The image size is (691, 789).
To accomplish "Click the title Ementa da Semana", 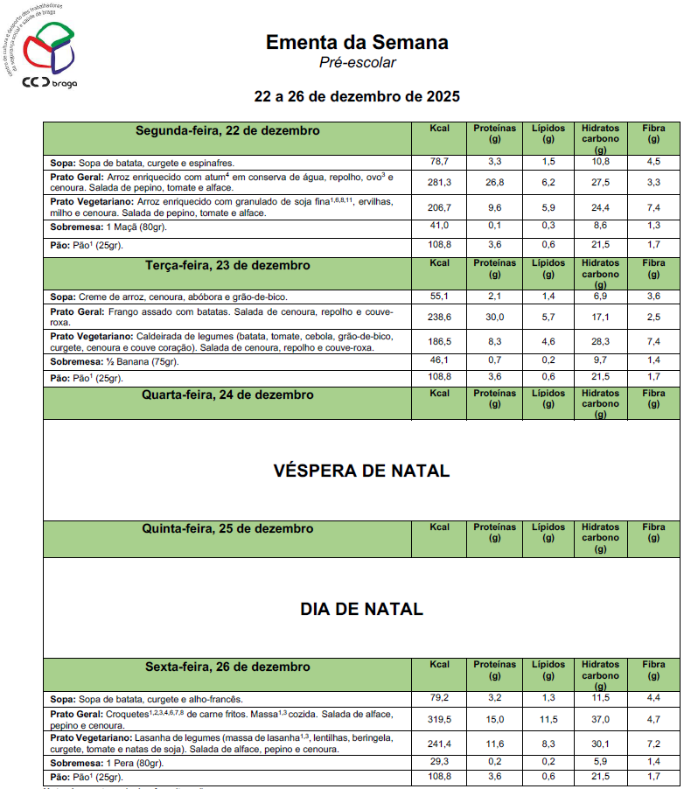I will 357,42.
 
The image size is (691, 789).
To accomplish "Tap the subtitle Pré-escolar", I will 357,62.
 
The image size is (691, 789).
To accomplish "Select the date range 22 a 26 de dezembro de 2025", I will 357,95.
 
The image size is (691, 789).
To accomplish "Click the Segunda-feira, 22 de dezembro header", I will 227,130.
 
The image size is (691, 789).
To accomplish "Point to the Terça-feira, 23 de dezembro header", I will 227,264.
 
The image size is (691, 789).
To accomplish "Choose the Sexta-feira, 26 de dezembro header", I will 227,667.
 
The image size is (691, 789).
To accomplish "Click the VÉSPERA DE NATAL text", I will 361,471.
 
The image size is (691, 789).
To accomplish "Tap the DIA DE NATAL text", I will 361,609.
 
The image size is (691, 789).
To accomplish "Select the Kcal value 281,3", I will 439,182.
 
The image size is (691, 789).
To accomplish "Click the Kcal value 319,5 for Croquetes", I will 439,719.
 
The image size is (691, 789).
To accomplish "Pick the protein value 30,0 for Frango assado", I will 494,317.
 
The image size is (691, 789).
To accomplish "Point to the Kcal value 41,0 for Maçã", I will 439,226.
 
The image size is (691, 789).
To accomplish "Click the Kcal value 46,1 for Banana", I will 439,360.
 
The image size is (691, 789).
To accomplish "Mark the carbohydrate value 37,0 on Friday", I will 600,719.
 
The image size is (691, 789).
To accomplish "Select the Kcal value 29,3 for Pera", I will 439,763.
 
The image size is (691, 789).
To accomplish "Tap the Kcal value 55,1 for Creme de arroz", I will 439,297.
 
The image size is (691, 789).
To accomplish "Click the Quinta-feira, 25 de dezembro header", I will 227,528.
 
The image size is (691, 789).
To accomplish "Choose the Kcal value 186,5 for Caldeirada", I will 439,341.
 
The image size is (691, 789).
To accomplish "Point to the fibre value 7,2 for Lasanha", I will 653,744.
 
